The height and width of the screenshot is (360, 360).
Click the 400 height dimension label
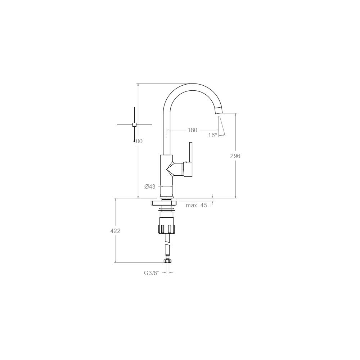[x=138, y=141]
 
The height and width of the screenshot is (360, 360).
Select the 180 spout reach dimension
[x=192, y=130]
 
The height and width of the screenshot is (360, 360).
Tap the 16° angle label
[x=213, y=135]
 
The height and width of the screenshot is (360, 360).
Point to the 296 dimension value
[x=235, y=156]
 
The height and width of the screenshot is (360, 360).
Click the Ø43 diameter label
[x=150, y=186]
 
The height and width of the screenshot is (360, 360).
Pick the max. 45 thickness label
[x=196, y=205]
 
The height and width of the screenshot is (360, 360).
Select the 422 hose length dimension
[x=115, y=231]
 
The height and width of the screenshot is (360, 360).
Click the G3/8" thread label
[x=151, y=273]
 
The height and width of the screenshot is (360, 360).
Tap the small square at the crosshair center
[x=135, y=125]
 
